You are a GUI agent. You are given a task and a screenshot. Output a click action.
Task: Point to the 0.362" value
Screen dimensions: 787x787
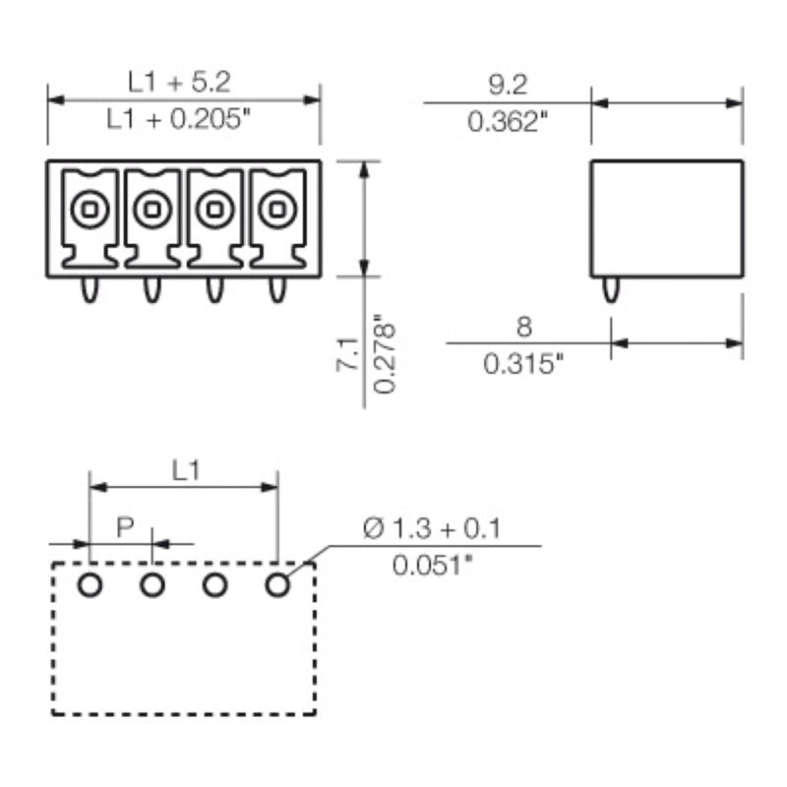[506, 123]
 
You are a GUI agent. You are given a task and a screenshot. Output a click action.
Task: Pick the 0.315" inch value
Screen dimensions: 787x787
[524, 364]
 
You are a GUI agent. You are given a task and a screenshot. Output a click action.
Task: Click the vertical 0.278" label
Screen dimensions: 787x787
[385, 354]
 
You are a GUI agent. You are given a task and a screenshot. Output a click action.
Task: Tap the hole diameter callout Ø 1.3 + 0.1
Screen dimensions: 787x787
[432, 529]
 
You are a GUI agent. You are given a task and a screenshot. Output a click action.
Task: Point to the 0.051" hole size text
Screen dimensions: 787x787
[432, 567]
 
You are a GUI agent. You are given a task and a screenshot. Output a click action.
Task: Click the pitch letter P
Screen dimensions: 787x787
[125, 527]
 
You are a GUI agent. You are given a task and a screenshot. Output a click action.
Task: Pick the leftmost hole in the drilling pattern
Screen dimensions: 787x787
[89, 585]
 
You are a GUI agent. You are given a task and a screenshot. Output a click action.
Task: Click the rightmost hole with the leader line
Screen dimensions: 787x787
[277, 585]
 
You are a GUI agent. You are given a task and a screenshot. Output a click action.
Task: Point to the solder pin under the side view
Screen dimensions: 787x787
[611, 289]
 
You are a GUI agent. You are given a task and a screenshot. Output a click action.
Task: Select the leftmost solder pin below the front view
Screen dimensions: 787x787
[89, 290]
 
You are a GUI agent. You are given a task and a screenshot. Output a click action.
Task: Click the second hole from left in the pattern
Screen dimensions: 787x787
[151, 585]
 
